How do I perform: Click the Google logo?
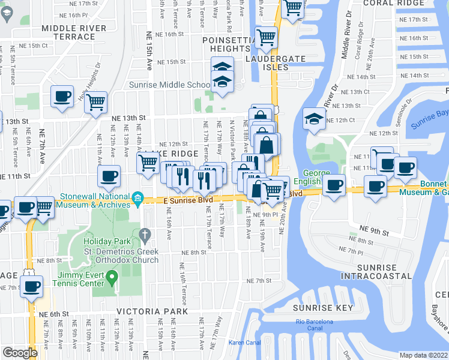[20, 353]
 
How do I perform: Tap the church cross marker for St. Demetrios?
[145, 233]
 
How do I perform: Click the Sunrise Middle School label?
[169, 85]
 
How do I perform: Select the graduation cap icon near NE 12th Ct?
[314, 117]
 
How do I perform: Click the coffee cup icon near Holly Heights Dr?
[61, 96]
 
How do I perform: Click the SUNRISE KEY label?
[322, 308]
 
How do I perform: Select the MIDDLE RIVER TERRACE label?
[74, 32]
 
